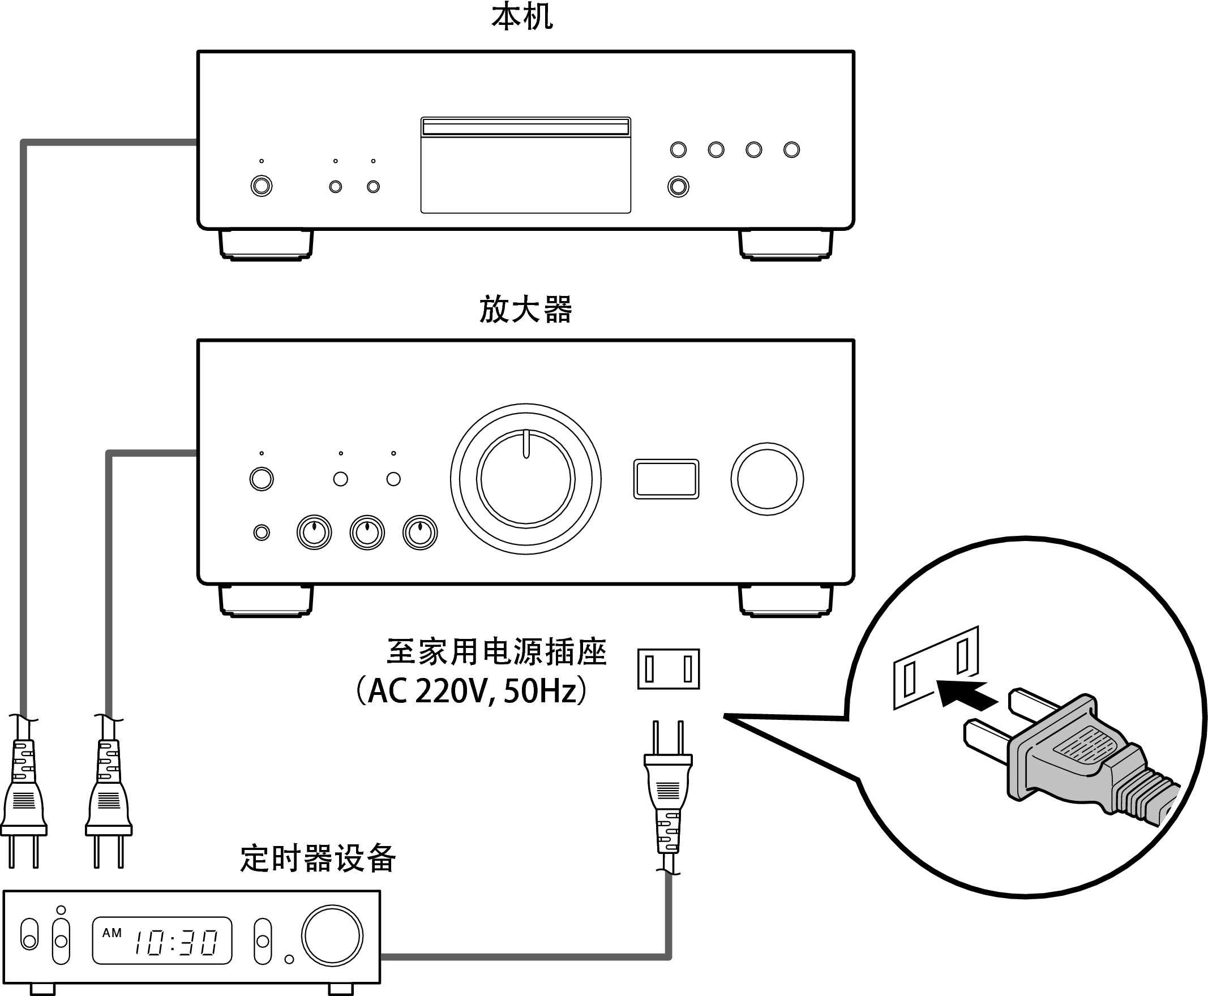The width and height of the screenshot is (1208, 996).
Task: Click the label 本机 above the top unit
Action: pyautogui.click(x=522, y=17)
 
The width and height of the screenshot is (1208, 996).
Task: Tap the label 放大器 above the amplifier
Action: pyautogui.click(x=525, y=310)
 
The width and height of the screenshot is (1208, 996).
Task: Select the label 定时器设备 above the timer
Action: pyautogui.click(x=318, y=859)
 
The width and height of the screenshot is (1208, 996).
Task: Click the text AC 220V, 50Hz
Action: pyautogui.click(x=472, y=692)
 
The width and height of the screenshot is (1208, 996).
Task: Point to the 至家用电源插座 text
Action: pyautogui.click(x=496, y=652)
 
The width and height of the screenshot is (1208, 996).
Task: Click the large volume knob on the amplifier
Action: pyautogui.click(x=526, y=479)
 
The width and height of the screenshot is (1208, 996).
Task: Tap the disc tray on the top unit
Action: pyautogui.click(x=526, y=127)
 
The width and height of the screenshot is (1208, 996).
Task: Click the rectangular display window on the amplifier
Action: pyautogui.click(x=666, y=479)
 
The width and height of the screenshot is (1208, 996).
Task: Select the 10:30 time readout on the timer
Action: pyautogui.click(x=175, y=942)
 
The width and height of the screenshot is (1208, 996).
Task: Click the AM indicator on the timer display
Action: pyautogui.click(x=112, y=933)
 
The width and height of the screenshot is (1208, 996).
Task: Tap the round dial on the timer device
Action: pyautogui.click(x=332, y=936)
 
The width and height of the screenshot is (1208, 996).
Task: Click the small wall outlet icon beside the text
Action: pyautogui.click(x=669, y=669)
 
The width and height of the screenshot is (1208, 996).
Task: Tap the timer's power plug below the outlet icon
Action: pyautogui.click(x=668, y=792)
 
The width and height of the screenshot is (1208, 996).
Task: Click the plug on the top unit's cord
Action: pyautogui.click(x=24, y=797)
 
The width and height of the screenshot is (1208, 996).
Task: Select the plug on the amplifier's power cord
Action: pyautogui.click(x=109, y=797)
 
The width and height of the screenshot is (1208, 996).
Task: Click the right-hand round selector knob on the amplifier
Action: pyautogui.click(x=767, y=479)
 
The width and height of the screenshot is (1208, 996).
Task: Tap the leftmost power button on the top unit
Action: pyautogui.click(x=262, y=186)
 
